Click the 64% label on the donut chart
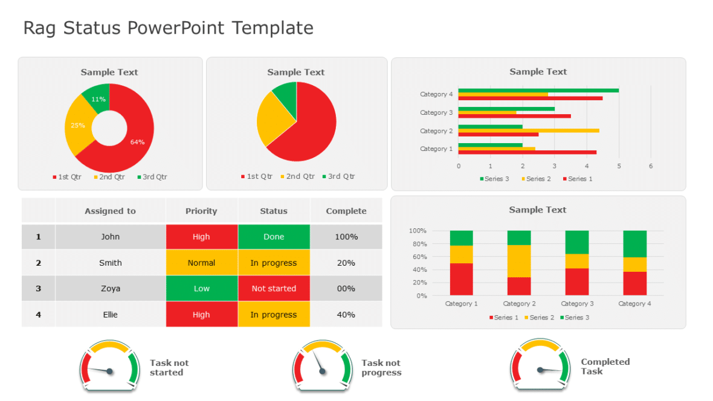click(137, 142)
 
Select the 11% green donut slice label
click(98, 99)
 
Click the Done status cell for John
click(274, 237)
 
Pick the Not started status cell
click(274, 289)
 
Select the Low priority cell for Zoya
click(201, 289)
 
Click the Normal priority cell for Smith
click(201, 263)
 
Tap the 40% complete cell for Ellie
click(346, 315)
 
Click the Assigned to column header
click(110, 211)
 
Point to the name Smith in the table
click(111, 263)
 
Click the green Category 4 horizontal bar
click(538, 91)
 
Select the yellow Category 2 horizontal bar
click(529, 130)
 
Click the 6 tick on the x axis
click(651, 166)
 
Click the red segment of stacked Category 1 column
click(461, 279)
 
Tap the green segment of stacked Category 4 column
click(634, 243)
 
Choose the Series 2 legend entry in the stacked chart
click(538, 318)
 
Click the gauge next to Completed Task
click(540, 365)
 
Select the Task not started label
click(169, 368)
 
